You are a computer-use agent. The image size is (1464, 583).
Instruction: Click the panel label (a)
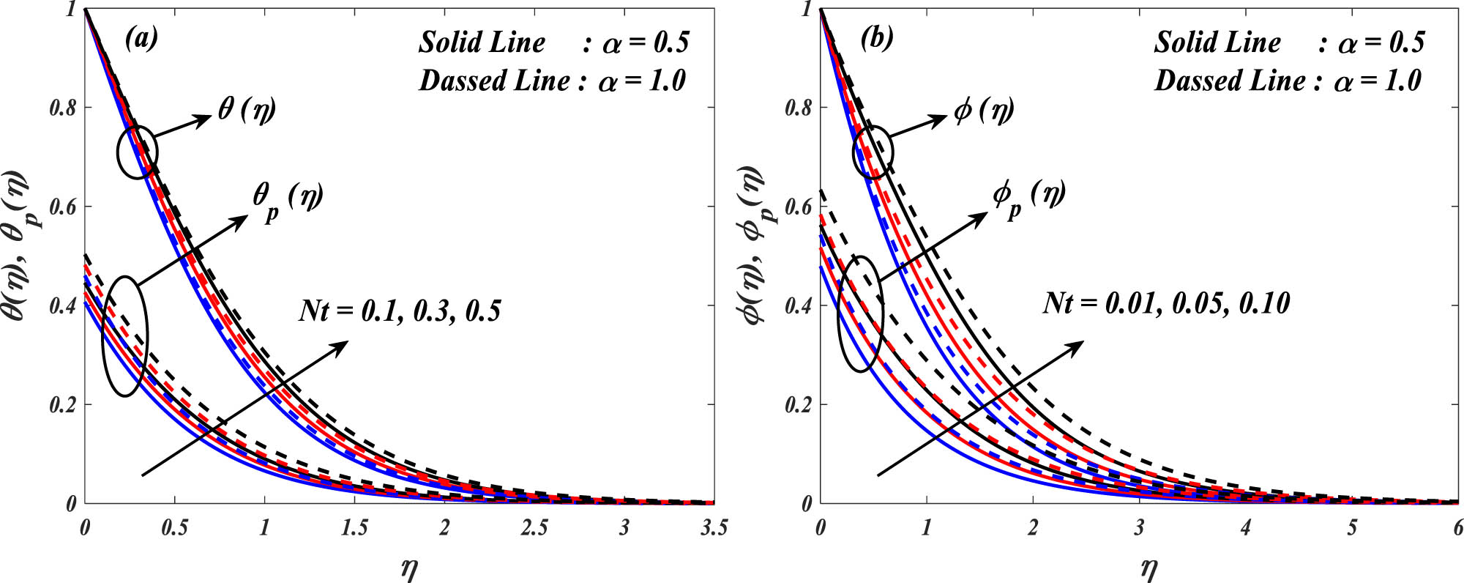141,37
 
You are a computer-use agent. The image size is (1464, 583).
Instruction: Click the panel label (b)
877,37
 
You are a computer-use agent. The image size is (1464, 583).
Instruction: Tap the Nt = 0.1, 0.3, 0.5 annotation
400,311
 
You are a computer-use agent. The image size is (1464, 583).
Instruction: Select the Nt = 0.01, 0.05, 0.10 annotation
1166,303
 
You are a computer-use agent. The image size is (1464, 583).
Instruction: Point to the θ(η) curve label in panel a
247,110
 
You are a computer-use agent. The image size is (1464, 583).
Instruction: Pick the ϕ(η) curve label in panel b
984,110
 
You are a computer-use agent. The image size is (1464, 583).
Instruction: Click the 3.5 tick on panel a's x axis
713,528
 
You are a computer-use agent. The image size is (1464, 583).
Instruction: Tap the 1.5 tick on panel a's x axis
354,528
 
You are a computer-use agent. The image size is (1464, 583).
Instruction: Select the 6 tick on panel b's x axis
1457,528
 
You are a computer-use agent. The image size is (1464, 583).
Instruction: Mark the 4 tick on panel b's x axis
1245,528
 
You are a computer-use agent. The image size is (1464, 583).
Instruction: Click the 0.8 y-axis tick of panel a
61,108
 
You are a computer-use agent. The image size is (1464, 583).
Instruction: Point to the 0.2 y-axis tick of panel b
798,405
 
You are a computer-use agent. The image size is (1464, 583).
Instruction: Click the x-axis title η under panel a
408,568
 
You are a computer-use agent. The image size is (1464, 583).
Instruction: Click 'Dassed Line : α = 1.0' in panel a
553,81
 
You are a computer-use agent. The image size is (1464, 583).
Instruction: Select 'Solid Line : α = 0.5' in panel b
1289,42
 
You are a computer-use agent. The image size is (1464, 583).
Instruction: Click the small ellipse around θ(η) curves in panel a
138,152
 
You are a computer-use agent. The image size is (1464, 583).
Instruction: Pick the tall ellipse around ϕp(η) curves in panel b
861,313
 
